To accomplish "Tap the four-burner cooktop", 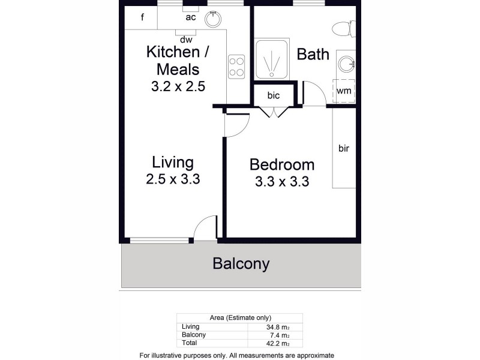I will click(236, 65).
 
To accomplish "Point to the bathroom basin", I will click(346, 62).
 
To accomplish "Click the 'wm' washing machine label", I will click(344, 91).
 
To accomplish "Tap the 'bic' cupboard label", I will click(274, 95).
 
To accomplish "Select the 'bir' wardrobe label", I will click(344, 148).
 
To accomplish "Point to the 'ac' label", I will click(191, 17).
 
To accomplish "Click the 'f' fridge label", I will click(142, 17).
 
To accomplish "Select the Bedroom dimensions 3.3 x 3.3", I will click(281, 182).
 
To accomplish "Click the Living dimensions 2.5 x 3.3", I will click(172, 179).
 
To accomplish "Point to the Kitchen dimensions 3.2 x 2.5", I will click(178, 86).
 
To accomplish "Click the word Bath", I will click(313, 55).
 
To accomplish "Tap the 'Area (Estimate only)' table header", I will click(239, 317).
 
